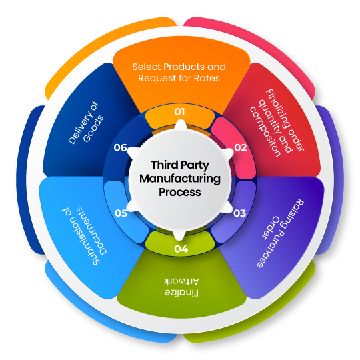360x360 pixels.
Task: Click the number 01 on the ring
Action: (x=179, y=112)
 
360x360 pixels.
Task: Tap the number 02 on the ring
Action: (x=241, y=147)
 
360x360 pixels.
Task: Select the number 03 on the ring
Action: (x=240, y=213)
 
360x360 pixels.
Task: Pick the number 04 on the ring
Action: (x=181, y=249)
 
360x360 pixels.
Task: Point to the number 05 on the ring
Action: (x=121, y=213)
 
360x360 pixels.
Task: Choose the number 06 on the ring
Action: (x=120, y=147)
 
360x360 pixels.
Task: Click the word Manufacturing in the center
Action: (x=179, y=179)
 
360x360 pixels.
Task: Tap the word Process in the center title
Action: (x=179, y=192)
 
